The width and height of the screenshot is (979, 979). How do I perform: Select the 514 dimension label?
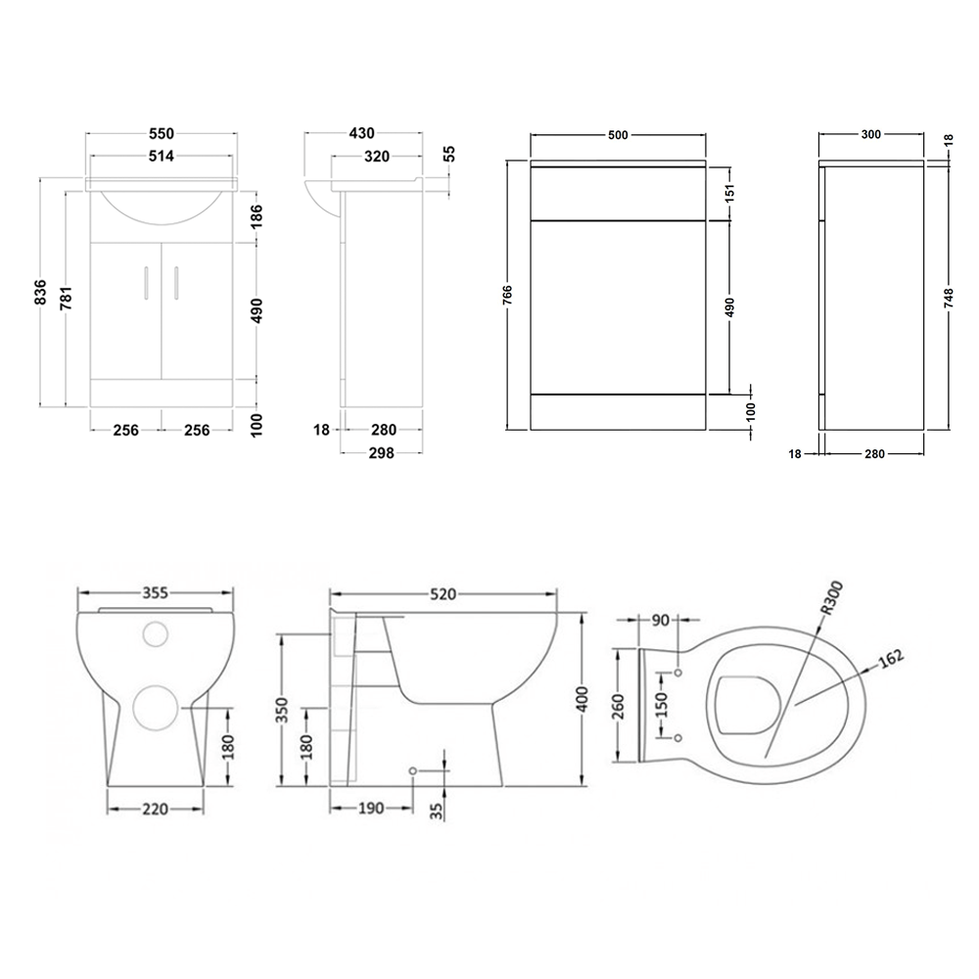pos(162,156)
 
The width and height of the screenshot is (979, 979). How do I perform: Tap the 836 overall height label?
pos(40,293)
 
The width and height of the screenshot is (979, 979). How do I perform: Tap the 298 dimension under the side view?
pos(380,452)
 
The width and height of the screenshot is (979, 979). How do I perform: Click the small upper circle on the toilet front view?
pos(155,633)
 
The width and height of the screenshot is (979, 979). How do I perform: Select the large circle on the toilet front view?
pos(155,706)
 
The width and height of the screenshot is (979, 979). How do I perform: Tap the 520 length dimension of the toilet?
pos(443,594)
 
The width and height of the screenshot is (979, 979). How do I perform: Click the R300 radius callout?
pos(831,598)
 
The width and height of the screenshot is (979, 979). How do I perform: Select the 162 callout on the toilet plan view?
pos(892,659)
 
